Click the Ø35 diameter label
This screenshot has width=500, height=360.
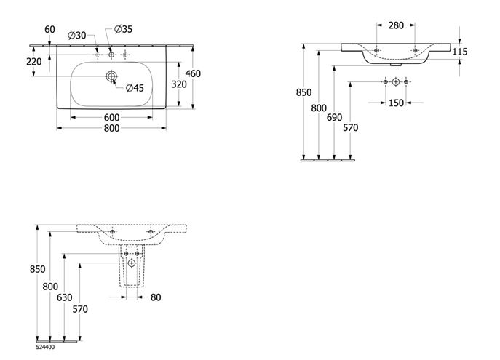tap(123, 29)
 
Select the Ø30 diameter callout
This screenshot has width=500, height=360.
tap(77, 35)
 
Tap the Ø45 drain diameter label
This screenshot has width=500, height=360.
tap(135, 88)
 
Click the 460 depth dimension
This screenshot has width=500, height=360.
tap(193, 73)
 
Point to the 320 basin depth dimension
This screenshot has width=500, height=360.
tap(179, 84)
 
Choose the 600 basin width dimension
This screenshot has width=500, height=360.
tap(111, 118)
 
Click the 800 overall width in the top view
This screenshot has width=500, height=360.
tap(111, 128)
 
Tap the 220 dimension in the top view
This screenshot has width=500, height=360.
tap(33, 62)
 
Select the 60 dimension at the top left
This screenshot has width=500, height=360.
tap(49, 29)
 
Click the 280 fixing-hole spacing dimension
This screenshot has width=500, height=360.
tap(396, 25)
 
